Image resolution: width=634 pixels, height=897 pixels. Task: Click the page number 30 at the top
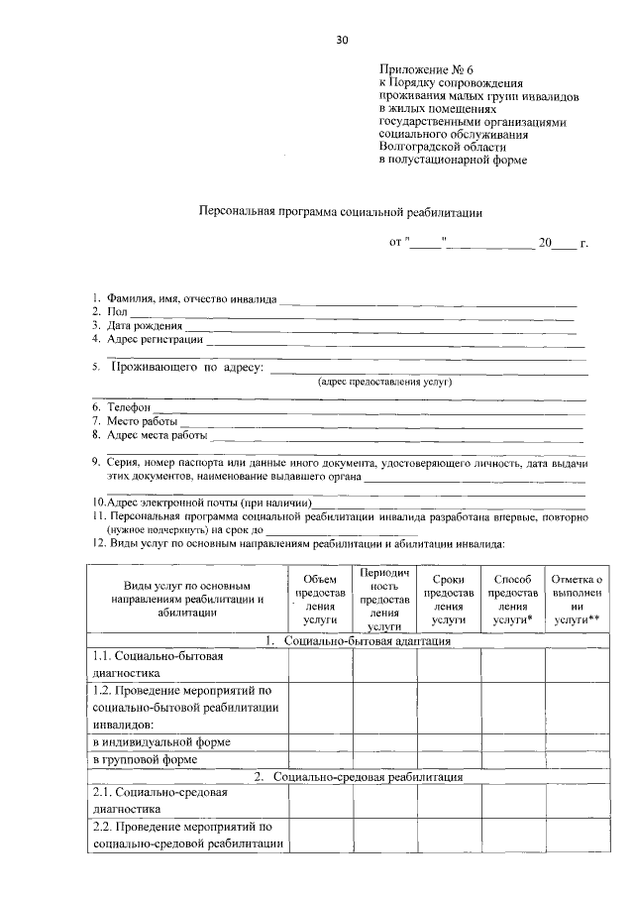point(342,40)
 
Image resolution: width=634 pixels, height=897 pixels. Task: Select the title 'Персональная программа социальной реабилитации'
point(340,211)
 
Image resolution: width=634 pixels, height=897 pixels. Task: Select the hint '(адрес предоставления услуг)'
point(384,381)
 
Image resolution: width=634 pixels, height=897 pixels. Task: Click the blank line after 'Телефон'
point(367,408)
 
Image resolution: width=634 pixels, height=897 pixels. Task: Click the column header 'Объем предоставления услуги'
point(315,599)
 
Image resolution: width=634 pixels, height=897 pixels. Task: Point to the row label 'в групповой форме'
point(145,759)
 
